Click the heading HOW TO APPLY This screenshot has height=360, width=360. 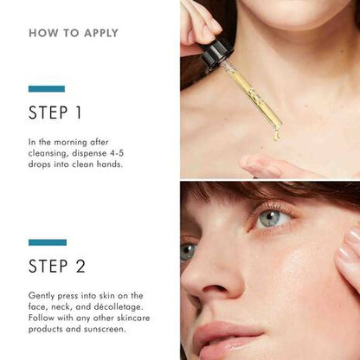click(74, 34)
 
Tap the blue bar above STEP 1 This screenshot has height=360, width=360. click(46, 88)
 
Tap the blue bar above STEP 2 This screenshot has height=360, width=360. click(46, 242)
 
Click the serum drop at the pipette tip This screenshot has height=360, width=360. click(276, 134)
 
